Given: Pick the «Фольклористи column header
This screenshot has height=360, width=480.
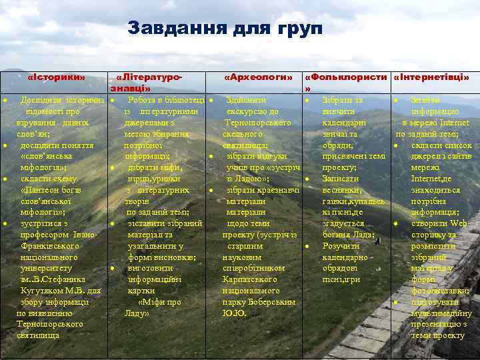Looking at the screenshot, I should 346,77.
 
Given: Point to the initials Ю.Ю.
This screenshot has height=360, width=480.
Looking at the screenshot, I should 235,313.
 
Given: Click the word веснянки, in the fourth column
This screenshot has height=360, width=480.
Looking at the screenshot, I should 343,190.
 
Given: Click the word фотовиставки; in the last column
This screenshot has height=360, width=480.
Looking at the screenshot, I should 439,291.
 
